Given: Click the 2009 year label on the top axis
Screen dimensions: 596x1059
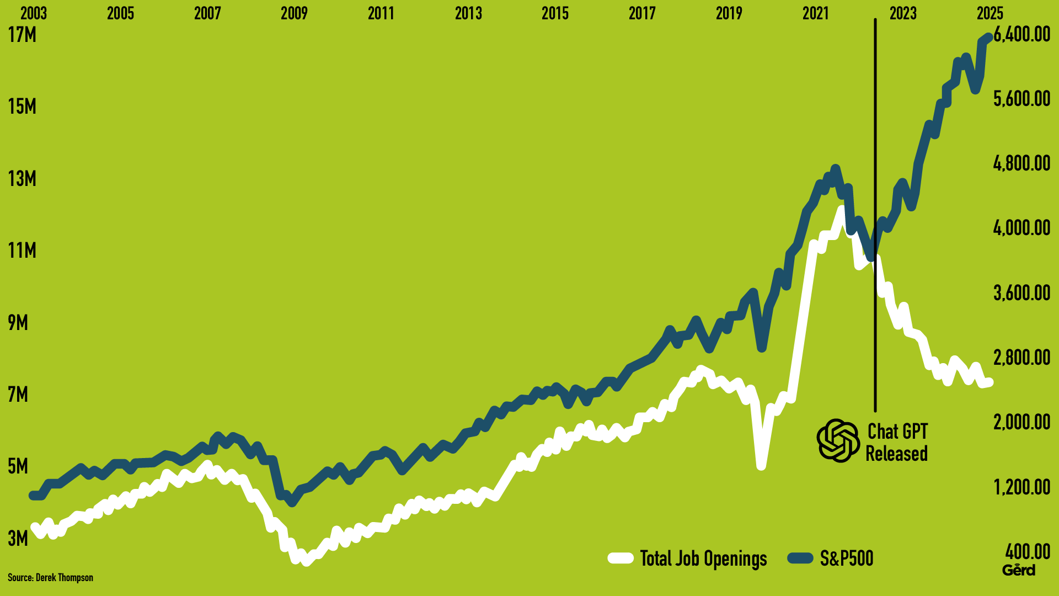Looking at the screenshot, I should click(294, 13).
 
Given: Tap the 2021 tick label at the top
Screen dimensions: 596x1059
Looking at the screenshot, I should click(816, 13).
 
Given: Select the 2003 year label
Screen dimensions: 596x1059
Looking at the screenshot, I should click(34, 13).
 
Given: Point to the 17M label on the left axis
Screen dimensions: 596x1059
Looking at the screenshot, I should click(22, 35).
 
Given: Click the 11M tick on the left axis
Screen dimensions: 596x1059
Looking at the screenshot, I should click(22, 251).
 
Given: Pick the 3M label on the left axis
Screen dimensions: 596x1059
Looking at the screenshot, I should click(18, 538).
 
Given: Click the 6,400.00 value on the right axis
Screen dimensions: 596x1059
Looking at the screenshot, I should click(1022, 34).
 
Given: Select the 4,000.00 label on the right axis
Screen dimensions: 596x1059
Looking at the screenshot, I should click(1022, 227).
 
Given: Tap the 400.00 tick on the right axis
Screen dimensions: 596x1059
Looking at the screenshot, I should click(1028, 551).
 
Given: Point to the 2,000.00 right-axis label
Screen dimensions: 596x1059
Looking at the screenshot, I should click(1022, 422).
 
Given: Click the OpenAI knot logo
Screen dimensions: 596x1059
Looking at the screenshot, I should click(838, 440).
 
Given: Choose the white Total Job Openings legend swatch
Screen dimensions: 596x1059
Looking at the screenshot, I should click(621, 558).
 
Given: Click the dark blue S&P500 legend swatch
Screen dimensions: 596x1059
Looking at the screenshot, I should click(800, 558).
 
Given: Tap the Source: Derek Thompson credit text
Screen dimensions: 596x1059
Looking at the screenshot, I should click(50, 578).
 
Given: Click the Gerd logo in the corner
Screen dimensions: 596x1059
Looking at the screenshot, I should click(1019, 570).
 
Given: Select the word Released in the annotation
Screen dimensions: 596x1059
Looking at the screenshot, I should click(896, 454).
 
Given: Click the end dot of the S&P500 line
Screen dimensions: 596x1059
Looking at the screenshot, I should click(989, 37).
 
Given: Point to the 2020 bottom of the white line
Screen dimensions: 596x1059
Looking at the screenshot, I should click(761, 465).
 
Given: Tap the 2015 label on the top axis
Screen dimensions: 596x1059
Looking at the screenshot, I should click(555, 13).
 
